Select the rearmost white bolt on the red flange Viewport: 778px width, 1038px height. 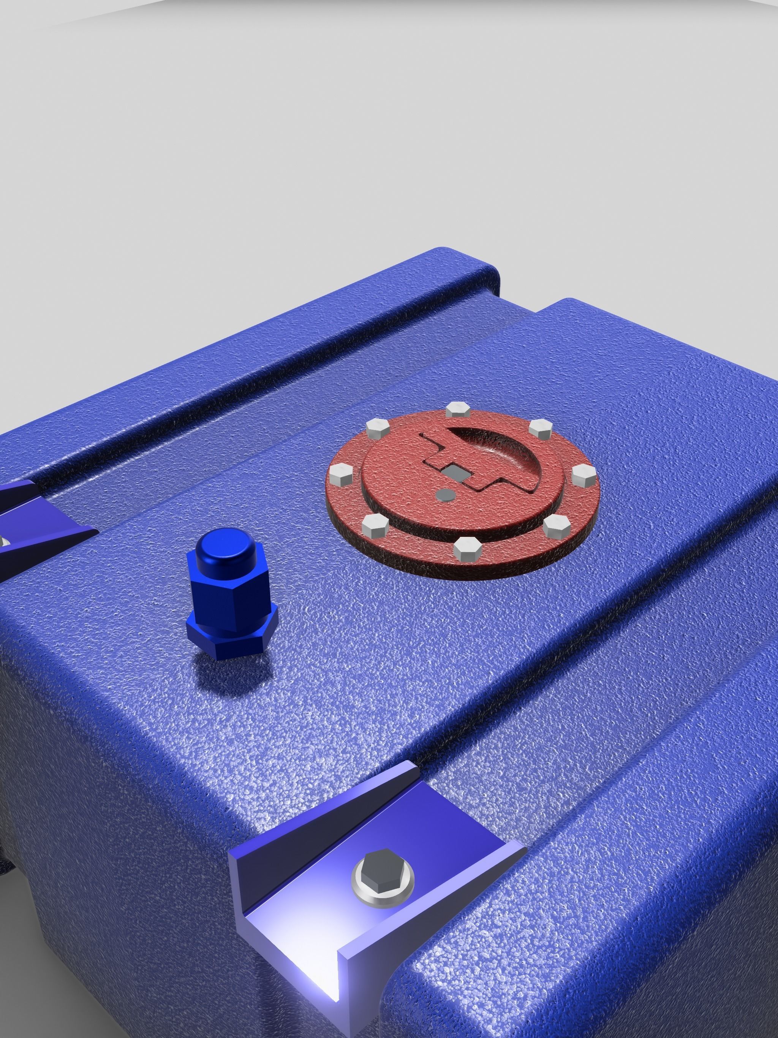tap(455, 410)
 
